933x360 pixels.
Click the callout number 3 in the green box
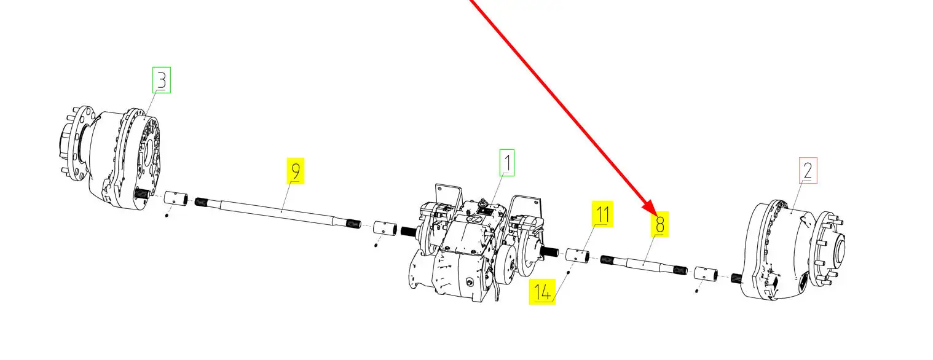pos(162,80)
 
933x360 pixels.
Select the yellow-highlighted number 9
pos(295,171)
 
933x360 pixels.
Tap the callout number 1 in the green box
pos(507,163)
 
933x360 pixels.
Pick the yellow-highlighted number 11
pos(603,214)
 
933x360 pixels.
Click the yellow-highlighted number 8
pos(659,224)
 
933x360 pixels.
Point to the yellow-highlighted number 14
pos(542,292)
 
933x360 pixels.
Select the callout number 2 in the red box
pos(808,170)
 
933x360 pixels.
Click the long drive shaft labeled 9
pos(277,213)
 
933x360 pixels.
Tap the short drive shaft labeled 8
pos(644,264)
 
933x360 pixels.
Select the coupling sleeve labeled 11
pos(577,255)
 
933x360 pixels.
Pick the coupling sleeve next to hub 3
pos(175,198)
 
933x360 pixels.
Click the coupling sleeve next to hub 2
pos(706,274)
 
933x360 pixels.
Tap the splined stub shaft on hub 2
pos(737,278)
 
